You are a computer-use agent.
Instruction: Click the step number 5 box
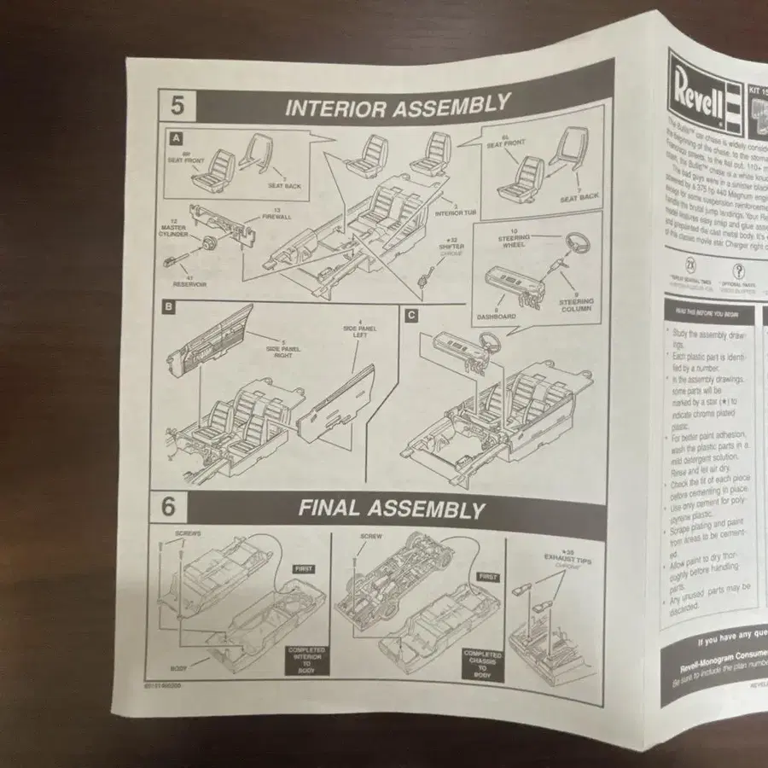coord(177,107)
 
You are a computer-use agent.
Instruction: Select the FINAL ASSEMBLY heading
coord(391,509)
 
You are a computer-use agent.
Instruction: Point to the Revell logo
coord(695,84)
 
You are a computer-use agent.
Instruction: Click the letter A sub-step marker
coord(175,137)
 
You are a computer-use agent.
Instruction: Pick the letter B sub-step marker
coord(168,306)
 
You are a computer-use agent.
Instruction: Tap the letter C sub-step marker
coord(411,315)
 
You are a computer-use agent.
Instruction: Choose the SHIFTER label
coord(451,247)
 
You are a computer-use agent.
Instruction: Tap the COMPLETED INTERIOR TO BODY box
coord(307,659)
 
